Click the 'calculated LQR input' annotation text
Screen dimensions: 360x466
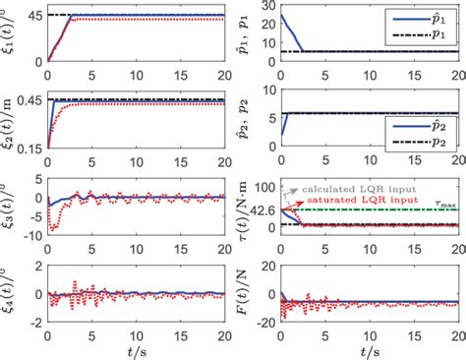coord(349,186)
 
